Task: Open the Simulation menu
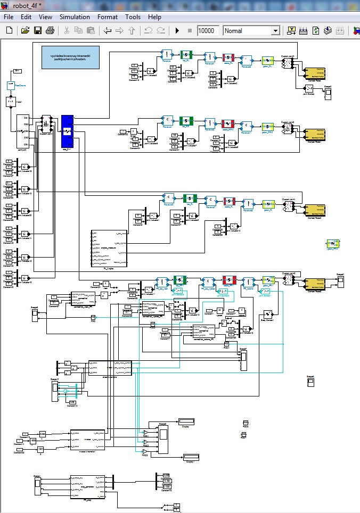75,16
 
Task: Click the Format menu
108,16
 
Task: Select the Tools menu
133,16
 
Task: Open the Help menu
154,16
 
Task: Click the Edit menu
26,16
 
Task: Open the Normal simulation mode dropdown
251,31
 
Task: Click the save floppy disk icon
38,31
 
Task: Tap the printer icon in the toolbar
50,31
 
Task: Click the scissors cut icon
67,31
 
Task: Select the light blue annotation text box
71,57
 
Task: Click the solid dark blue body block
67,131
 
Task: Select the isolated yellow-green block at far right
333,244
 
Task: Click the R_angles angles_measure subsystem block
109,247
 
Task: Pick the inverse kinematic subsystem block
87,440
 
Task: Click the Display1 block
191,457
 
